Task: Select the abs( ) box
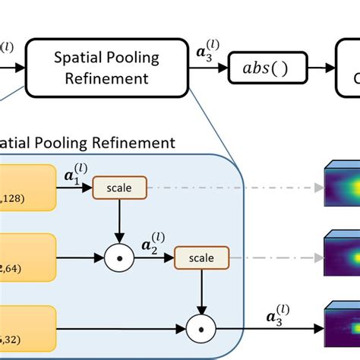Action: [x=268, y=68]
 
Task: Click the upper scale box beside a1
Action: [x=113, y=187]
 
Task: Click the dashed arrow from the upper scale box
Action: [x=228, y=187]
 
